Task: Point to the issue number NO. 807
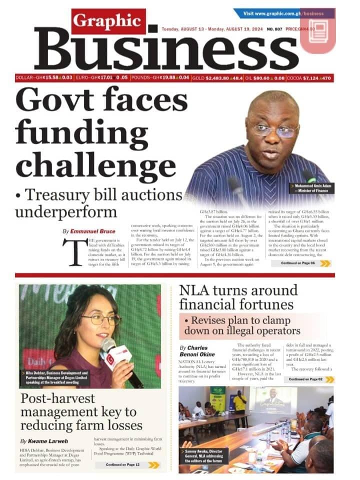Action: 275,29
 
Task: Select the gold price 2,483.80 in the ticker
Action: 217,78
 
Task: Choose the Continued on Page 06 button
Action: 304,263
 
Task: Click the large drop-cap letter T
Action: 71,253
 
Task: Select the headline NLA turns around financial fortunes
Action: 238,297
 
